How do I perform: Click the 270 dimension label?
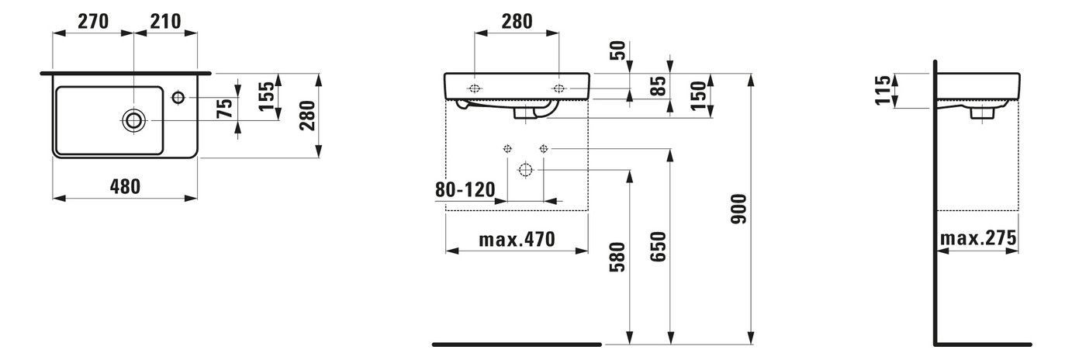[x=93, y=21]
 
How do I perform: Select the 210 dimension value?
[x=165, y=21]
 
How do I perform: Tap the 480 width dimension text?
[x=126, y=186]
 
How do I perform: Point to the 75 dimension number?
[x=224, y=108]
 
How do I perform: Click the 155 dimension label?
[x=267, y=95]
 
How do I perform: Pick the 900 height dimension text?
[x=738, y=209]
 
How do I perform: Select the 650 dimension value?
[x=658, y=247]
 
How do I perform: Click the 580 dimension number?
[x=617, y=257]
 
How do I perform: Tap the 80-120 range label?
[x=465, y=190]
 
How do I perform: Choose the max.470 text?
[x=517, y=240]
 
